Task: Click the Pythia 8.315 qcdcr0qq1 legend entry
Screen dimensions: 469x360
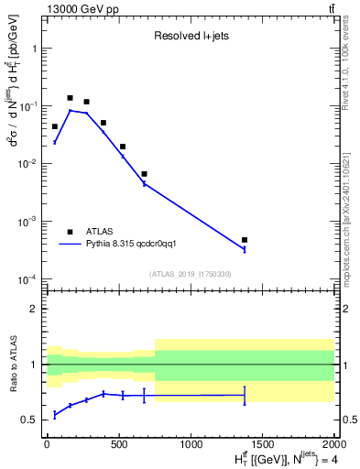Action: pyautogui.click(x=137, y=245)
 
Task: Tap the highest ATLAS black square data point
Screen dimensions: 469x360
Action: pyautogui.click(x=70, y=98)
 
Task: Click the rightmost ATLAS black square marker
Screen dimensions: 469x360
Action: pyautogui.click(x=245, y=240)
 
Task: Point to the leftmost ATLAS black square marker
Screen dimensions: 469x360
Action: pyautogui.click(x=55, y=126)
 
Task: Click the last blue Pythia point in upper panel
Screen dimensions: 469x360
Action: pyautogui.click(x=245, y=249)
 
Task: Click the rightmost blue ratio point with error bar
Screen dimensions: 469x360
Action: pyautogui.click(x=245, y=396)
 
